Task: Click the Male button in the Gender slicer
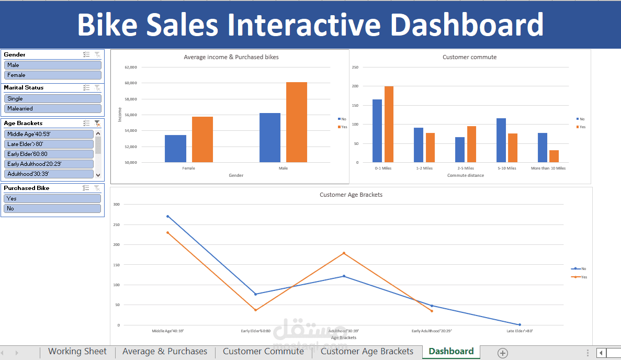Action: pos(52,65)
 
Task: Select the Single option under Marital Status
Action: pos(52,98)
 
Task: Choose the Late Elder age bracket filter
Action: pos(49,144)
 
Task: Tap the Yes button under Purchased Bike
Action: pos(52,198)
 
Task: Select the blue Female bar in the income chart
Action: pos(175,149)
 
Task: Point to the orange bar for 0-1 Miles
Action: pos(389,125)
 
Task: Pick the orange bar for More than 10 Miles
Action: pos(554,156)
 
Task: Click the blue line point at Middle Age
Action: pos(167,216)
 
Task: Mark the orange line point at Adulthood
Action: pos(344,253)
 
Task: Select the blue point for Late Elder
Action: pos(520,324)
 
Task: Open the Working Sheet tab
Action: pos(77,352)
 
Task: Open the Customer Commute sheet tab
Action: pos(263,352)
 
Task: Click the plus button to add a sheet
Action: pos(503,353)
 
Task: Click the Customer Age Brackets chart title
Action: pos(351,195)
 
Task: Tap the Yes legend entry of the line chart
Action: pos(581,277)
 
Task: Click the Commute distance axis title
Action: pos(465,175)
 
